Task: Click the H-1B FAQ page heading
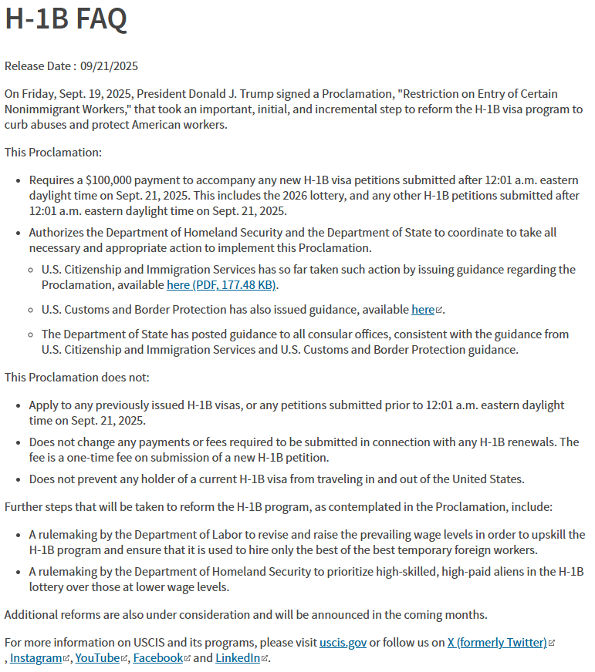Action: [x=66, y=19]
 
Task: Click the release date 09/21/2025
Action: [x=109, y=66]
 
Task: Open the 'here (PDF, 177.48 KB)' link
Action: [x=221, y=285]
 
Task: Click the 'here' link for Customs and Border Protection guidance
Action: [x=423, y=310]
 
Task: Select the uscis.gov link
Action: [x=343, y=643]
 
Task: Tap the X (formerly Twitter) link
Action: [x=497, y=643]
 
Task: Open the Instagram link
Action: [x=35, y=658]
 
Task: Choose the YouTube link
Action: [x=97, y=658]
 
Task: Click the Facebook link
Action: [x=157, y=658]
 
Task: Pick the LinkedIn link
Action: [x=237, y=658]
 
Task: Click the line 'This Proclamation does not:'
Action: [x=77, y=378]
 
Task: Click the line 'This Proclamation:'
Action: [x=53, y=153]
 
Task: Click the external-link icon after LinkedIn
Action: [x=265, y=659]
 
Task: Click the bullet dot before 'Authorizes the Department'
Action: [x=19, y=233]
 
